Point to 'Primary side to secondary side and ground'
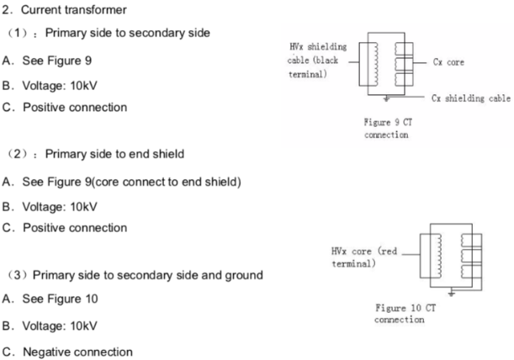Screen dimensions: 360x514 147,274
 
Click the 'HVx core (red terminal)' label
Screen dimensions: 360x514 363,257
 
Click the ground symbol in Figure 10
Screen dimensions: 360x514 453,292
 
